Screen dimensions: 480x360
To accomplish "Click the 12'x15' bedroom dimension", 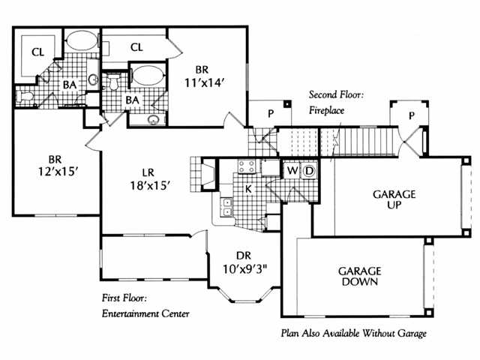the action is [x=54, y=172].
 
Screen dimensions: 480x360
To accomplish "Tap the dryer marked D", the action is [x=309, y=172].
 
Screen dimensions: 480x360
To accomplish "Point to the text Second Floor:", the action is [x=336, y=95].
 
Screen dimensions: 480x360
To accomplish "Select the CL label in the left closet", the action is [x=37, y=52].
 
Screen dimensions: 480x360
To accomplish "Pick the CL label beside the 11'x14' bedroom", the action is [x=136, y=47].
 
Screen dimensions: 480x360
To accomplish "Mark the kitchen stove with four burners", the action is [x=247, y=166].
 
